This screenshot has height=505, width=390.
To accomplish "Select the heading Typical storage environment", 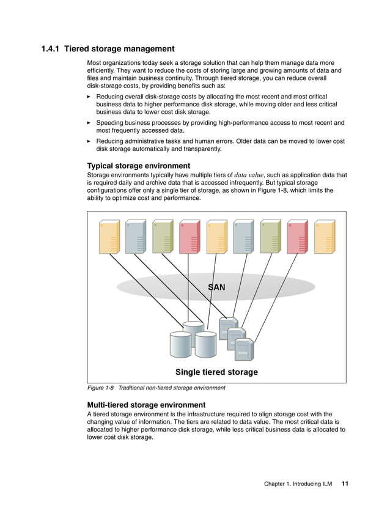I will (138, 166).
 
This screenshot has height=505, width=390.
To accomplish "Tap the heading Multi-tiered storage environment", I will (146, 405).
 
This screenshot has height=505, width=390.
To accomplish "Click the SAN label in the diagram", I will (216, 286).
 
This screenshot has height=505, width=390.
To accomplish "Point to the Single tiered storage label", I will (216, 372).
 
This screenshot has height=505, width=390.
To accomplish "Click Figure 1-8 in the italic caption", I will (100, 388).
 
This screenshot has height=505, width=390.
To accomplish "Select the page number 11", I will (345, 484).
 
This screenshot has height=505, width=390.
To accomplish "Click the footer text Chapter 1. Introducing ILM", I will (298, 484).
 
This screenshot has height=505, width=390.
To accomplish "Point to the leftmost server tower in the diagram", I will (109, 237).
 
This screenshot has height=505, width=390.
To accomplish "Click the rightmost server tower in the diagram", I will (324, 237).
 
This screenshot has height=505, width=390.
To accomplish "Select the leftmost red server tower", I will (189, 237).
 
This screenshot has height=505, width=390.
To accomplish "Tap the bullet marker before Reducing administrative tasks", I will (89, 141).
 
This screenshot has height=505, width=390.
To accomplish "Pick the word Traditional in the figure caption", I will (133, 388).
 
